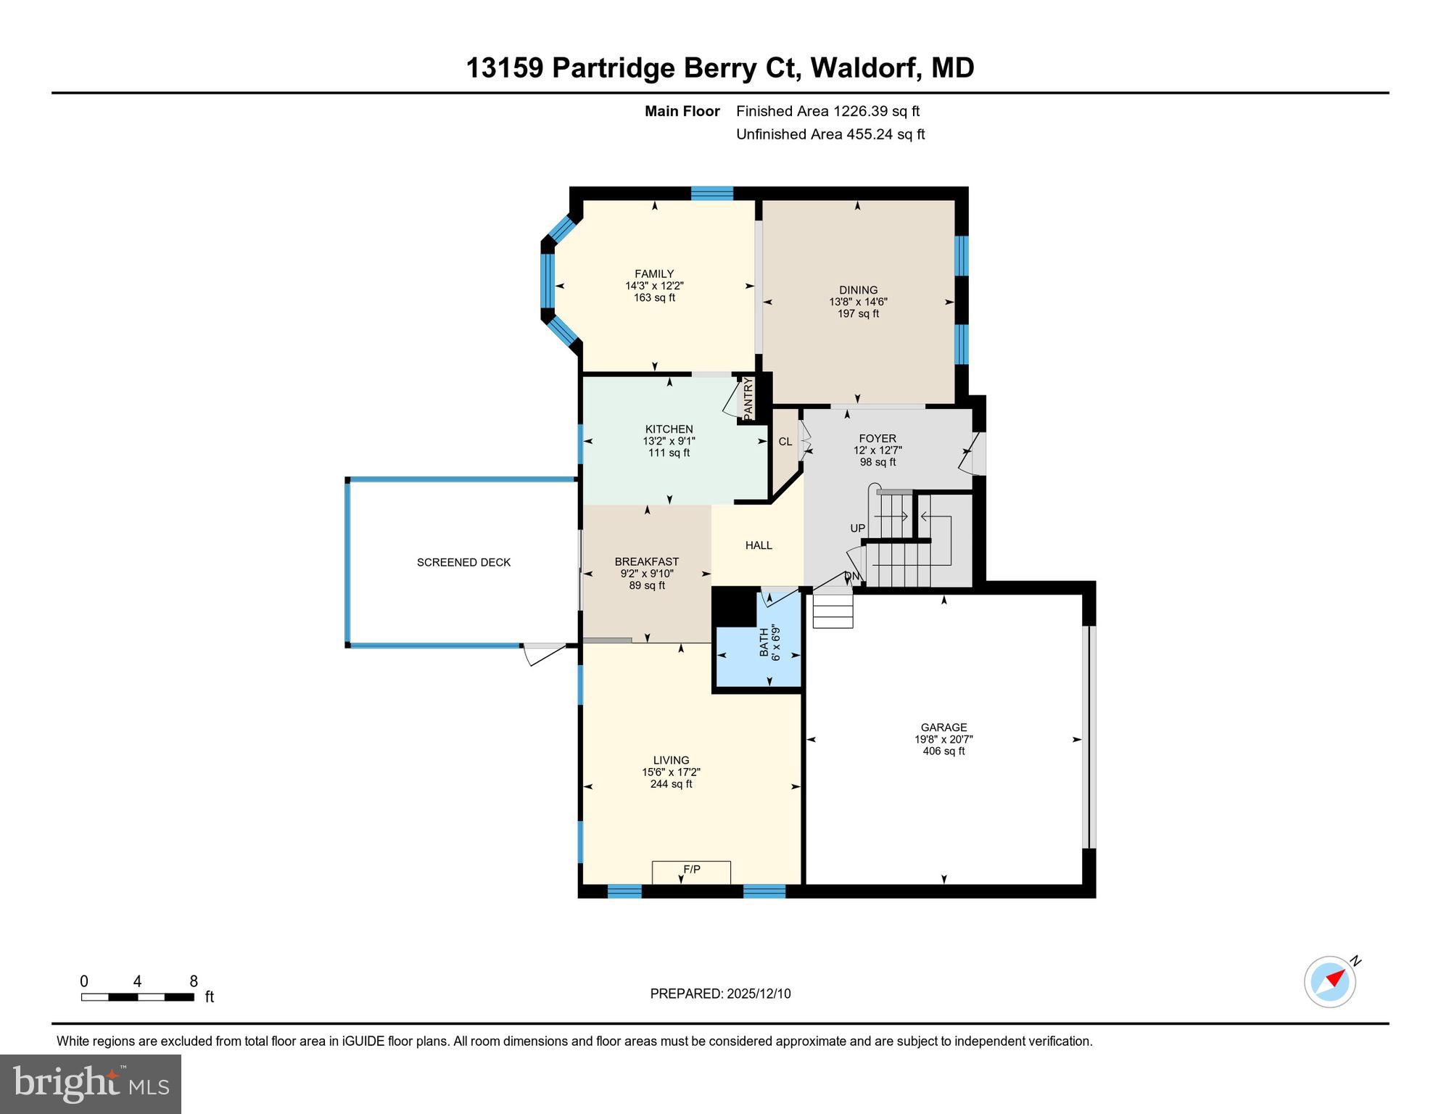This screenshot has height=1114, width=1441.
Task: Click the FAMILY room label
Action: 654,273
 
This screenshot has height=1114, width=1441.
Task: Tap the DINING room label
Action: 858,289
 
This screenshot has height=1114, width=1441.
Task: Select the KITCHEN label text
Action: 669,429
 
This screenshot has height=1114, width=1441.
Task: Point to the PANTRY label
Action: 748,397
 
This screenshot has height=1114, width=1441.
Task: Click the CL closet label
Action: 785,441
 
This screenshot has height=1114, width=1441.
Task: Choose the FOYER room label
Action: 878,438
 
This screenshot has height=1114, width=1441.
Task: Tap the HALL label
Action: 759,545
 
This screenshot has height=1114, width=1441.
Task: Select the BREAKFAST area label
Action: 647,561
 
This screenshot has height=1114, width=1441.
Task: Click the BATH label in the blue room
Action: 764,642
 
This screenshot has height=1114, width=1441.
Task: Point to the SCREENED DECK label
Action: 463,562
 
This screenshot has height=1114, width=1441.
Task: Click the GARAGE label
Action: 944,727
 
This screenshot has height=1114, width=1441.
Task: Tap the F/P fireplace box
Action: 691,872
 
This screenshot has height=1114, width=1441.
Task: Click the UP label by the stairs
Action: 858,528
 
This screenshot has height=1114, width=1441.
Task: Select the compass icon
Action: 1331,982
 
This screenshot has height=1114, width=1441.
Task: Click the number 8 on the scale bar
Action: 194,981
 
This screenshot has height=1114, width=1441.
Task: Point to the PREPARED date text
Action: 720,994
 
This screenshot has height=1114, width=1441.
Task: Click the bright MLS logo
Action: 91,1084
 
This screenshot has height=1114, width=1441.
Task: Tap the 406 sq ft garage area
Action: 944,751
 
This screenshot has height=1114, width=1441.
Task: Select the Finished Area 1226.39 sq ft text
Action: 827,111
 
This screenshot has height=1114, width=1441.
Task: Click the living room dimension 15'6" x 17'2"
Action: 671,772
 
